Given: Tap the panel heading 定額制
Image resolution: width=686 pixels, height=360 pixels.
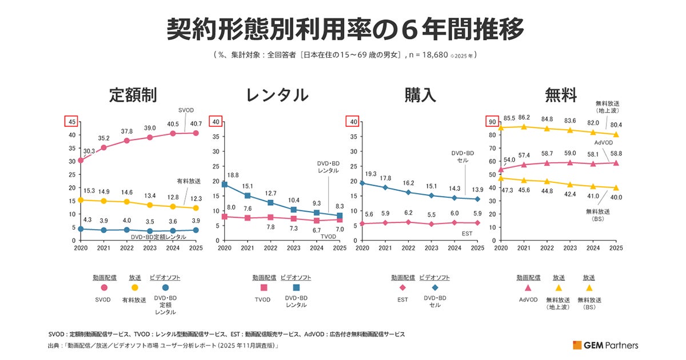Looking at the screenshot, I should click(133, 95).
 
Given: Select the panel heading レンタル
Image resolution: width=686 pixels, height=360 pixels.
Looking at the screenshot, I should click(277, 95).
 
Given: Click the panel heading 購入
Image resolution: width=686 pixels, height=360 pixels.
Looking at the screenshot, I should click(420, 95).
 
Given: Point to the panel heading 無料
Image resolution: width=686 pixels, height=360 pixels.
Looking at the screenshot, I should click(561, 95).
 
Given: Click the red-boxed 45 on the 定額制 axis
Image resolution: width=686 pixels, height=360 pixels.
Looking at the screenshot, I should click(72, 121).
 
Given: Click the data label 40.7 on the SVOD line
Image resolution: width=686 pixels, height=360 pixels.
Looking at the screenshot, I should click(196, 123).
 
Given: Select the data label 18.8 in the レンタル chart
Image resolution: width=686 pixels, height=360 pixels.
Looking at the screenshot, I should click(233, 175).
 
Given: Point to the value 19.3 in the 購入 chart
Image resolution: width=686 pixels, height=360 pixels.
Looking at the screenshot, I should click(371, 173).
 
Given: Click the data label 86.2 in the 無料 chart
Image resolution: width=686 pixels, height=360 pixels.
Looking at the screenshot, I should click(524, 117).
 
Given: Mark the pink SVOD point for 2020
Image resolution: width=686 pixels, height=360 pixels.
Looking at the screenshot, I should click(81, 161).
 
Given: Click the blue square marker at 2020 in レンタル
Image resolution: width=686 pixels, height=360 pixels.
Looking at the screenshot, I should click(225, 185).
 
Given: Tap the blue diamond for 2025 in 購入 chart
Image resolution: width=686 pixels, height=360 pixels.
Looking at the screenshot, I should click(477, 199).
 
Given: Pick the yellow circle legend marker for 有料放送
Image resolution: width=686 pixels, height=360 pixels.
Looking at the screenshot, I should click(135, 288).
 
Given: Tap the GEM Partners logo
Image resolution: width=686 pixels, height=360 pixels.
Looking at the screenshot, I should click(605, 345).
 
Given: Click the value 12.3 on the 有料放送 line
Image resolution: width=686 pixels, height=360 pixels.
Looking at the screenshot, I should click(196, 198).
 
